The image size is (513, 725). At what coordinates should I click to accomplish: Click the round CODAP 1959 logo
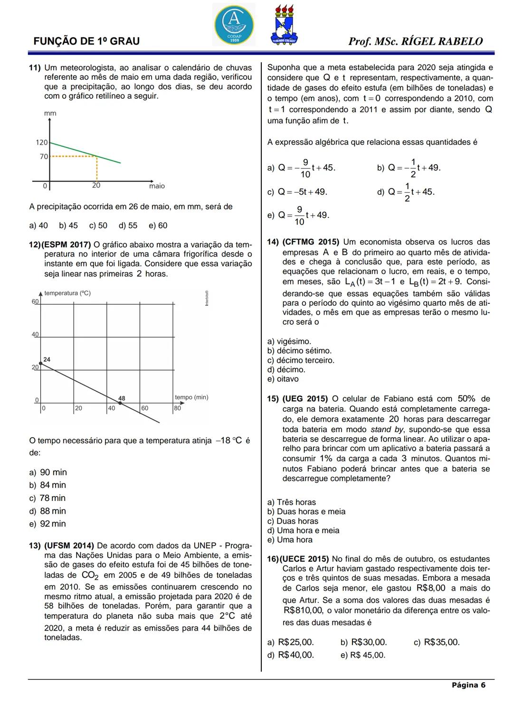(234, 24)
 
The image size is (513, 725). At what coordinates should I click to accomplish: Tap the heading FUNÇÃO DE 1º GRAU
(86, 41)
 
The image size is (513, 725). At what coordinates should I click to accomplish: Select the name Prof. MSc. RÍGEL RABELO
(415, 41)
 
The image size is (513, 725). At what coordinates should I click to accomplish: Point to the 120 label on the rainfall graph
(42, 142)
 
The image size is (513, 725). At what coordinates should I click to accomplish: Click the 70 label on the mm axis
(44, 156)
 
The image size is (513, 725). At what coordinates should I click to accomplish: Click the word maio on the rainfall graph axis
(157, 186)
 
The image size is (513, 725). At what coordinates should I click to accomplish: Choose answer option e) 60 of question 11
(158, 226)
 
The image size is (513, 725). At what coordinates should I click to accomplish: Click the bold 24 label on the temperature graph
(47, 359)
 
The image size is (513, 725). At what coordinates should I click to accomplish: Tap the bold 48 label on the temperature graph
(122, 398)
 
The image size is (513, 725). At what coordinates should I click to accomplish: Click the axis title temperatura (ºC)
(67, 293)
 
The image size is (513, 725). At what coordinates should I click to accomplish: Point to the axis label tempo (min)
(191, 397)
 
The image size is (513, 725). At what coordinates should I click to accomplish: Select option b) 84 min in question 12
(47, 485)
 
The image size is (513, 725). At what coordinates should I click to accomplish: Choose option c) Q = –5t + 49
(297, 192)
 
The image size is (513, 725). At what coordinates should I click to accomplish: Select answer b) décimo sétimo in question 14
(299, 351)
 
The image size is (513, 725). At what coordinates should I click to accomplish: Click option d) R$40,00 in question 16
(290, 655)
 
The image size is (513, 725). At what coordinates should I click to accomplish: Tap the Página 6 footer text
(468, 685)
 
